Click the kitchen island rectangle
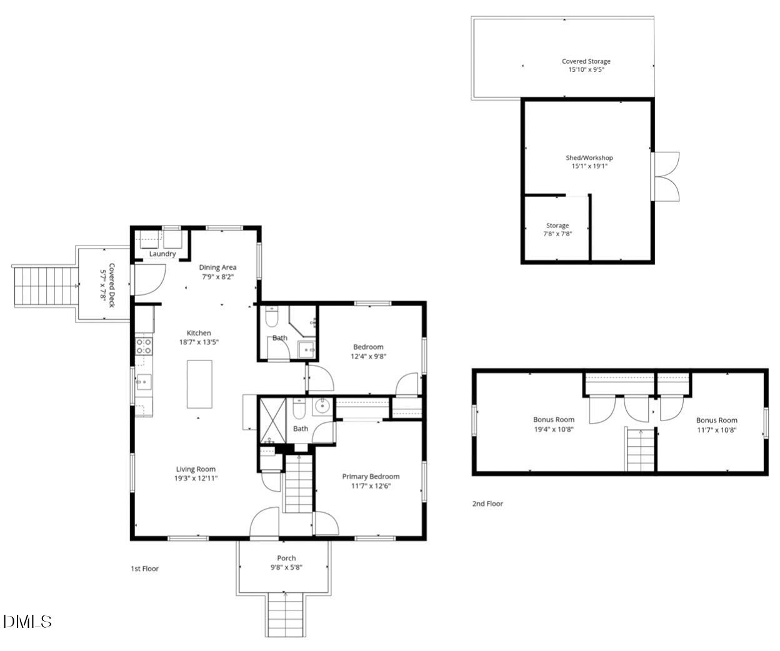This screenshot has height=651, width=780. coord(199,384)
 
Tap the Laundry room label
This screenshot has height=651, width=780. coord(162,254)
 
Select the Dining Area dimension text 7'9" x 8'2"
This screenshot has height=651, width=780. coord(217,276)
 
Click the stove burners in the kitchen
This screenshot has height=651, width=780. coord(144,346)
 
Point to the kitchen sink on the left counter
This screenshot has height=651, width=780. coord(143,380)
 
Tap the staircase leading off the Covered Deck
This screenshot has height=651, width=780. coord(44,286)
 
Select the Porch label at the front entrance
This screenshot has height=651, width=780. coord(286,558)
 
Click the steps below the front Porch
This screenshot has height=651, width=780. coord(286,615)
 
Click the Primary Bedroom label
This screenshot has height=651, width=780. coord(371,477)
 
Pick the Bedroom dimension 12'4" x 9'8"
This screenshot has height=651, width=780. coord(367,356)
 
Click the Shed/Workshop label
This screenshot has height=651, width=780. coord(589,158)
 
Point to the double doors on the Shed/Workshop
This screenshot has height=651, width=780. coord(666,176)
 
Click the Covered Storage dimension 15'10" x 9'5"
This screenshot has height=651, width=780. coord(586,70)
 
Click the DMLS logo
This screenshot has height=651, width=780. coord(27,621)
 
